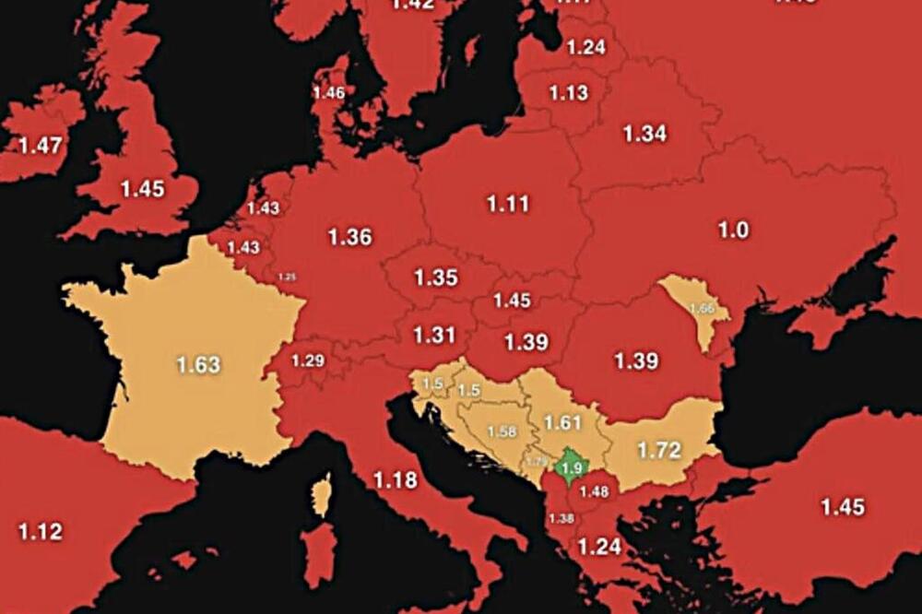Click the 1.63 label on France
coord(199,364)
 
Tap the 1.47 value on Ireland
coord(40,145)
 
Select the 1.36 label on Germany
coord(349,237)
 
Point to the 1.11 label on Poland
coord(507,204)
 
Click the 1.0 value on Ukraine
coord(733,230)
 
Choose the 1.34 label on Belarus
coord(644,134)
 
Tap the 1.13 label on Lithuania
coord(568,93)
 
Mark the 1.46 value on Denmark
coord(328,93)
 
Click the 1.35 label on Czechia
coord(436,278)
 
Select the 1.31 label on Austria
coord(434,336)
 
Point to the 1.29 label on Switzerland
coord(308,360)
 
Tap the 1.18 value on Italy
coord(395,479)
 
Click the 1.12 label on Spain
coord(40,531)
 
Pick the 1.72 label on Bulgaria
coord(659,451)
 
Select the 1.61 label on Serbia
coord(563,423)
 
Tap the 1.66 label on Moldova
coord(703,309)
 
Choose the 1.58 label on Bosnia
coord(502,431)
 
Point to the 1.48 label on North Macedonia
coord(595,491)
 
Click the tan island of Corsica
coord(321,495)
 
